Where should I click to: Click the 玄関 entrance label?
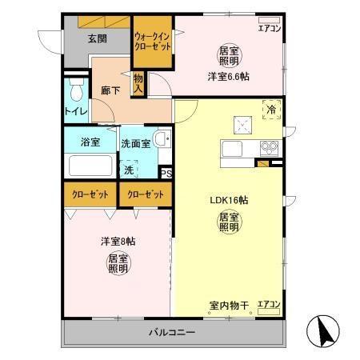click(x=97, y=38)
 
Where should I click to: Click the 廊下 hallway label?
click(x=110, y=92)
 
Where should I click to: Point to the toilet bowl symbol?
click(x=75, y=86)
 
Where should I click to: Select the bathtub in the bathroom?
click(x=90, y=166)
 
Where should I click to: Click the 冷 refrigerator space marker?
click(x=271, y=110)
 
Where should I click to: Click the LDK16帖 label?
click(x=228, y=200)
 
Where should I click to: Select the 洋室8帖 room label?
click(x=118, y=241)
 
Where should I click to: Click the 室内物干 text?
click(x=230, y=305)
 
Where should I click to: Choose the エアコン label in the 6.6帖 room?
click(x=269, y=30)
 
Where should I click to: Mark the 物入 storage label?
click(x=138, y=82)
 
